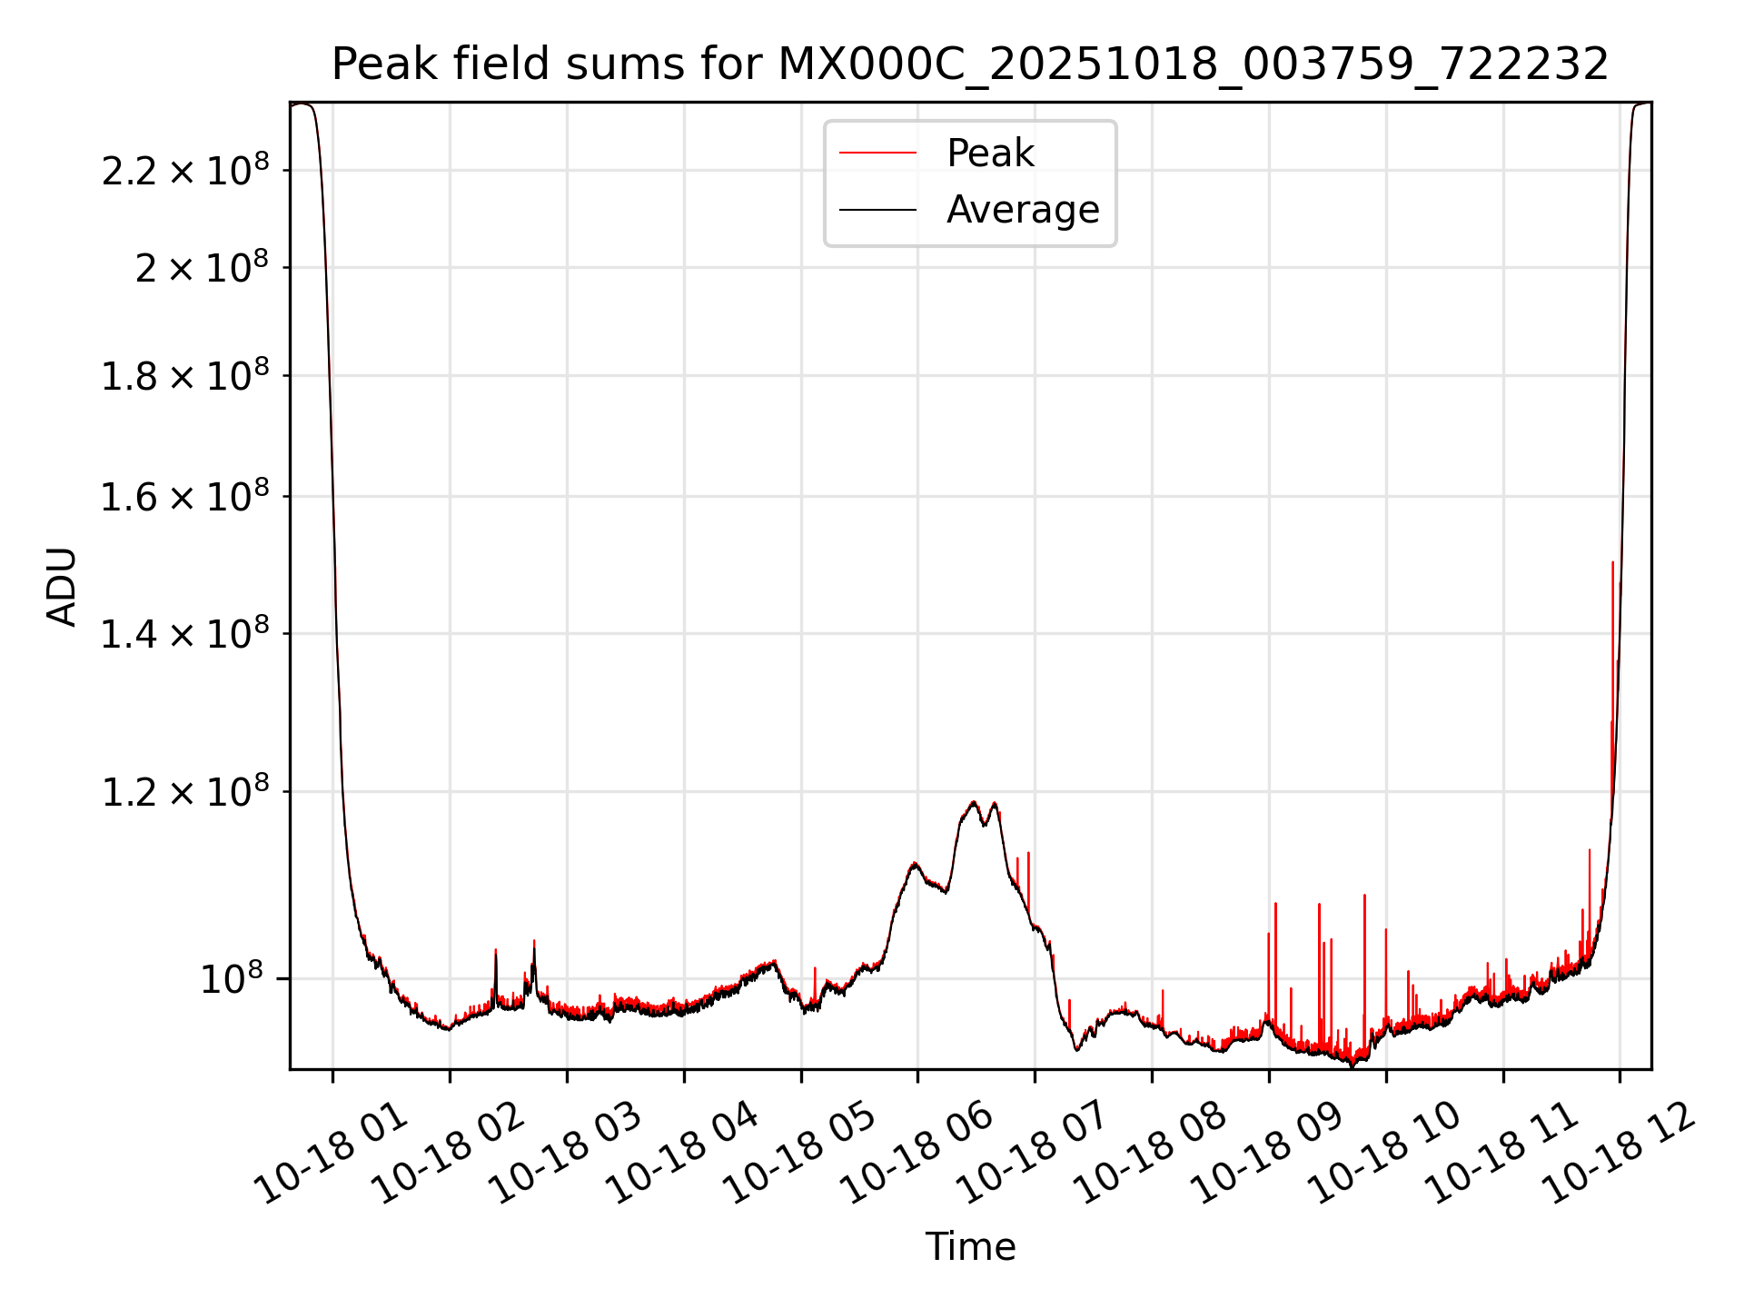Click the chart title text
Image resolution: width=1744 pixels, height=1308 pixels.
click(x=970, y=64)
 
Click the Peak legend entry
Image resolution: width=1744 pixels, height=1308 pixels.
click(x=990, y=154)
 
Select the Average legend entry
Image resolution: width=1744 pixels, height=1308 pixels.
click(x=1023, y=210)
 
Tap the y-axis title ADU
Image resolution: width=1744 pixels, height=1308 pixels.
click(x=62, y=586)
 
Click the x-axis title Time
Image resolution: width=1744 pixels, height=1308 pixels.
click(x=970, y=1246)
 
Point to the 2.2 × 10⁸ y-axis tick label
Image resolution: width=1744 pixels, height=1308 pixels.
click(x=185, y=171)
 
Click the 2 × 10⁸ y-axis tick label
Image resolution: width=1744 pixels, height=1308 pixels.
click(x=202, y=268)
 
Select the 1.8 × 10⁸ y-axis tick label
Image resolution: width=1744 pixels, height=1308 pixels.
click(x=185, y=376)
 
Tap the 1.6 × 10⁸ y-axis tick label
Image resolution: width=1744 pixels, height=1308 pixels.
click(x=185, y=497)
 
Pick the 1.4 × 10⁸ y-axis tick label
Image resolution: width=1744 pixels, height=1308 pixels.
click(x=185, y=634)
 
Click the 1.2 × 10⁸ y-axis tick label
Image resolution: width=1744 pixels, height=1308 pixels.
click(x=185, y=792)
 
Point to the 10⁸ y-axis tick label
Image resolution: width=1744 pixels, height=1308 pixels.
click(x=232, y=979)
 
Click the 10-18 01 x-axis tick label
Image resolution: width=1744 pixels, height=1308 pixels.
click(x=332, y=1154)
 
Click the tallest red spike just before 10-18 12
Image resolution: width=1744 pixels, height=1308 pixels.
click(x=1612, y=563)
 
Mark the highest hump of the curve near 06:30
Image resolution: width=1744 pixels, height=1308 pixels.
click(x=974, y=802)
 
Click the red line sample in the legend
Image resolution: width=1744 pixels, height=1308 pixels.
click(x=877, y=154)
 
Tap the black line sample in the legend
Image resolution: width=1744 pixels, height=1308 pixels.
click(x=877, y=210)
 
